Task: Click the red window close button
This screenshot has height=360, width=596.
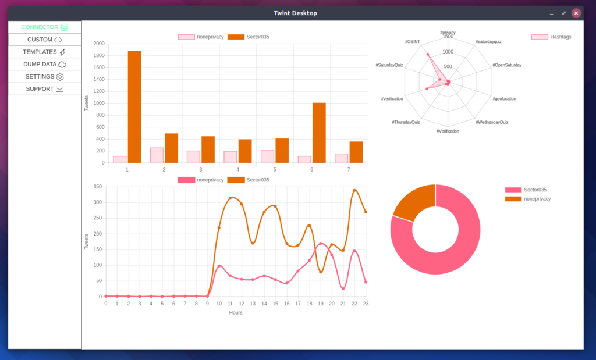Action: click(576, 13)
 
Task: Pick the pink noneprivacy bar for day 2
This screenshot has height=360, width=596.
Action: click(157, 155)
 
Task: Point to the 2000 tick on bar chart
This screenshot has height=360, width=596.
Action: click(98, 44)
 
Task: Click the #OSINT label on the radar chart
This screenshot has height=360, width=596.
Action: click(412, 42)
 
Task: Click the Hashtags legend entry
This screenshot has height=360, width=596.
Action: click(551, 37)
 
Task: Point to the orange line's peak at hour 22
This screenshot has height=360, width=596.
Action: click(354, 190)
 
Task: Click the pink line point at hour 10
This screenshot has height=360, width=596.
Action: click(219, 266)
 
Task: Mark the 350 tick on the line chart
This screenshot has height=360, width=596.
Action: click(97, 187)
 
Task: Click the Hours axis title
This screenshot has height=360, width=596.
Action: click(236, 312)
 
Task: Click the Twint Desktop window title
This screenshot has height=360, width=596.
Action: click(296, 13)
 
